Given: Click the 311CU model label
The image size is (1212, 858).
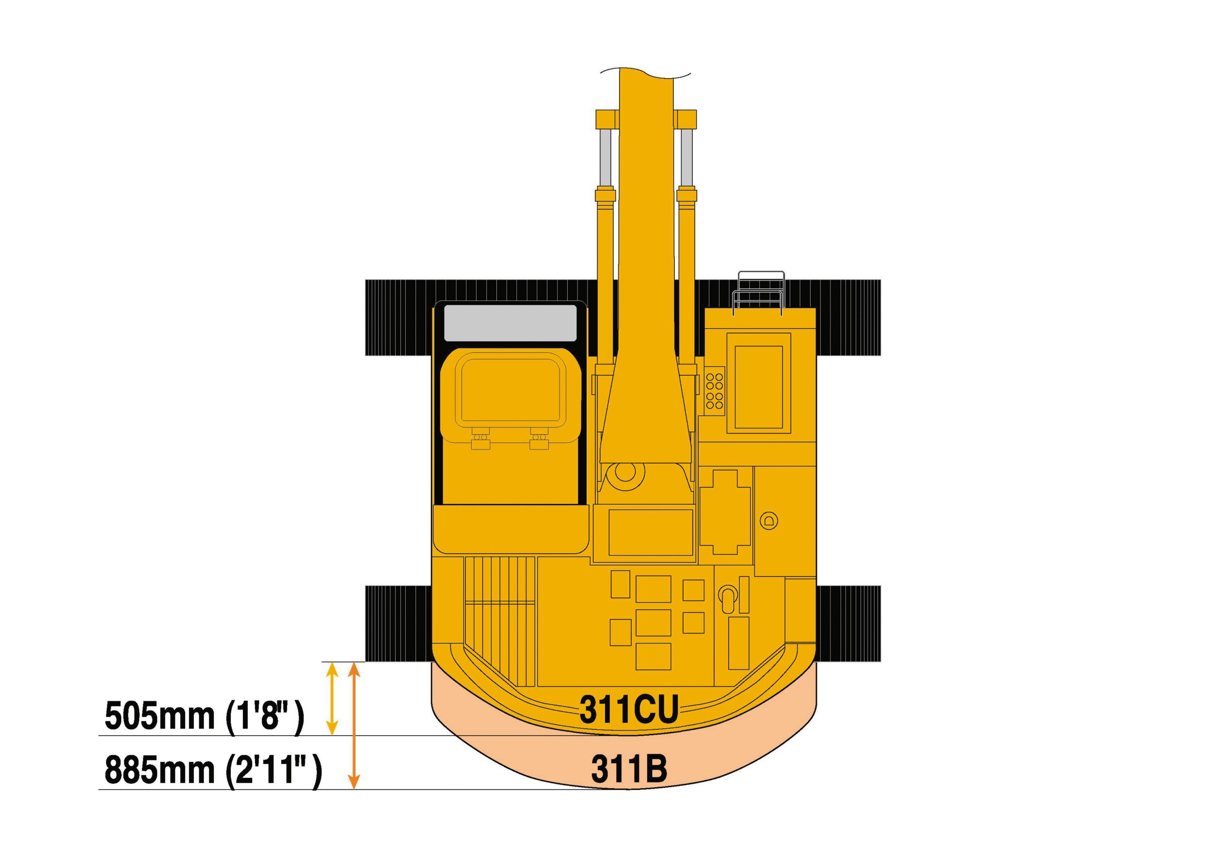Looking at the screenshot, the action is pos(629,709).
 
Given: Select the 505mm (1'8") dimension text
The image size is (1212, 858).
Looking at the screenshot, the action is pos(204,716).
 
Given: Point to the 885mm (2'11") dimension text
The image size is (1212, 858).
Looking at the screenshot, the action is pos(213,771).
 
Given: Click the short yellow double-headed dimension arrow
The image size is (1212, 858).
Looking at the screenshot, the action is pos(332,698).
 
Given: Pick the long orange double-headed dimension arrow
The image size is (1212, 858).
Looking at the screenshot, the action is pos(355,726).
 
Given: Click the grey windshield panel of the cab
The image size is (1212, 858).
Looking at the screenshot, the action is pos(510,322).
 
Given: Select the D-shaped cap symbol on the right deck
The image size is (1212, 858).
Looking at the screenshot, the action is pos(768,521).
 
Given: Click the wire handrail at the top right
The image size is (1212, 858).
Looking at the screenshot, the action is pos(758,293).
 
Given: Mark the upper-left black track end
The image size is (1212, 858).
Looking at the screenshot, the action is pos(399,317).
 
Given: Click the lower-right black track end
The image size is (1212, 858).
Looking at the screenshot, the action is pos(848,624).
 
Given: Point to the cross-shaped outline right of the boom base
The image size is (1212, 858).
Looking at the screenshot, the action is pos(725,511).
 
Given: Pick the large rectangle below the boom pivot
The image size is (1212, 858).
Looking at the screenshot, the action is pos(650,532).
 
